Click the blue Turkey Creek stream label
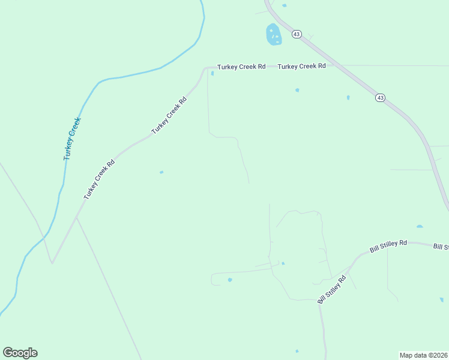(72, 139)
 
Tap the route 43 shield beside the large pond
(297, 35)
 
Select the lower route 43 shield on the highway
(380, 97)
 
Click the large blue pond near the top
(273, 34)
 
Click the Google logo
(20, 353)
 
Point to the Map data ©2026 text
(423, 355)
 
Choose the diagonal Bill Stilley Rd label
(333, 289)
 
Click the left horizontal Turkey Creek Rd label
(241, 67)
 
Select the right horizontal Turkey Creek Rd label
(301, 66)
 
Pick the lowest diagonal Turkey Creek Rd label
(99, 180)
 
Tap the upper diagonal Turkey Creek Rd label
(169, 115)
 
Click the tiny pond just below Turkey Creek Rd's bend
(212, 74)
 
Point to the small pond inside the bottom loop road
(230, 280)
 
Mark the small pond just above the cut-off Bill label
(420, 227)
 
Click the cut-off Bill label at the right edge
(441, 247)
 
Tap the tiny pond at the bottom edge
(297, 351)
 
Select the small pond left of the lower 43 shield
(348, 97)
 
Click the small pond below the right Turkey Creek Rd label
(297, 91)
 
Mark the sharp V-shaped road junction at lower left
(52, 262)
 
